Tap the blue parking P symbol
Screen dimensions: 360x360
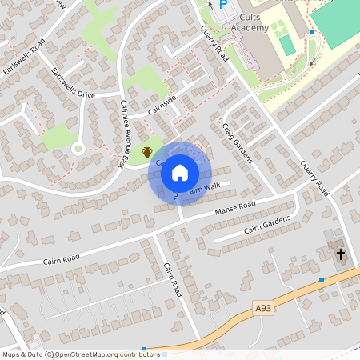point(223,5)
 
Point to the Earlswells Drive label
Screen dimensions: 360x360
point(72,84)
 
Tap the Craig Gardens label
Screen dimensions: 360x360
point(238,143)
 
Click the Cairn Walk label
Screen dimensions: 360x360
point(202,189)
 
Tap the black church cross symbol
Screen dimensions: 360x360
point(341,254)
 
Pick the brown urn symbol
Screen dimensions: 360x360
point(147,152)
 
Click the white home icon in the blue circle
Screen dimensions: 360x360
point(180,172)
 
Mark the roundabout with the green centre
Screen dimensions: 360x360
point(78,148)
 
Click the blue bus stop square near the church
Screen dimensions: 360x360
point(322,280)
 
